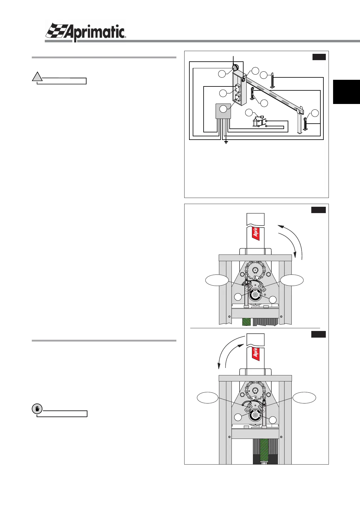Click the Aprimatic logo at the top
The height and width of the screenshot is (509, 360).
86,31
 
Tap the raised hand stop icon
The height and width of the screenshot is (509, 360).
37,409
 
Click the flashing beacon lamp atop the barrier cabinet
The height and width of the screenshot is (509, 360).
235,67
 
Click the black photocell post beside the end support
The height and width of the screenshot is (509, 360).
306,124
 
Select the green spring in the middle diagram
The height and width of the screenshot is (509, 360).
247,322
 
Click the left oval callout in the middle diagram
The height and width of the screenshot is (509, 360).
217,280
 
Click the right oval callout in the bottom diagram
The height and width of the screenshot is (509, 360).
305,397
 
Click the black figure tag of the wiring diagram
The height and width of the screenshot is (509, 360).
319,57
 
